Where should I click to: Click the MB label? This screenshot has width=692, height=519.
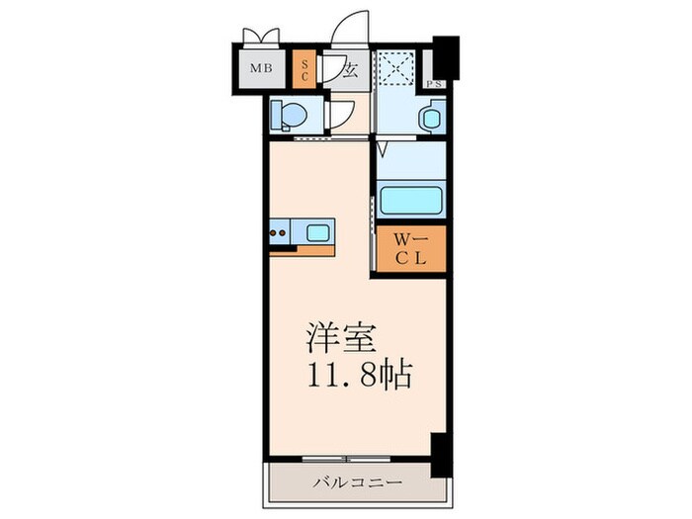pos(260,69)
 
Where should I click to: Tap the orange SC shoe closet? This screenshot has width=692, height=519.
pos(305,69)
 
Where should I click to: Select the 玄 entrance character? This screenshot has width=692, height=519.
pos(350,70)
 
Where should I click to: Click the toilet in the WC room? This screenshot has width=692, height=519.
pos(288,117)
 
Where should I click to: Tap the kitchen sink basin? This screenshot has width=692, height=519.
pos(318,233)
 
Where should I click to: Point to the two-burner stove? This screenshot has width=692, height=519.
pos(280,234)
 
